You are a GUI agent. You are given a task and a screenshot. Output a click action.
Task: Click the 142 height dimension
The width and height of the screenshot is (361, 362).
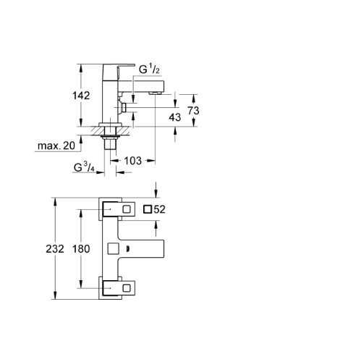pos(81,96)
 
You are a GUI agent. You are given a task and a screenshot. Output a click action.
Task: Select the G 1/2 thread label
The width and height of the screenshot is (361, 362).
pos(149,69)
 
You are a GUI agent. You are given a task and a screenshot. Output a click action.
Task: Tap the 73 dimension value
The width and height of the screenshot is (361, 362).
pos(193,111)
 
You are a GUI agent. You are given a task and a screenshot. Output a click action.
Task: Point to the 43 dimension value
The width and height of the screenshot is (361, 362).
pos(175,117)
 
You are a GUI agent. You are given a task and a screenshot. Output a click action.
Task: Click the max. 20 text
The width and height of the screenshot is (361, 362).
pos(56,146)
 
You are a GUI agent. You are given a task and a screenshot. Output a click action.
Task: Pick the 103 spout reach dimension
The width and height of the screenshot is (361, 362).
pos(132,161)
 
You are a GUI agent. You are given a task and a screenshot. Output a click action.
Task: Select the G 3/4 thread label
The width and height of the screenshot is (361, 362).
pos(84,167)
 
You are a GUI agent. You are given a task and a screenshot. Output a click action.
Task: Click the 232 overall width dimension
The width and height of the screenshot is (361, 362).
pos(55,249)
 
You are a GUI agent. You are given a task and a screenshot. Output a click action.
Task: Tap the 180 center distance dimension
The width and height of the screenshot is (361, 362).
pos(81,249)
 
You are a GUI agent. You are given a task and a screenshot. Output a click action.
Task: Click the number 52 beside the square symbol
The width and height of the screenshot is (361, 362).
pos(159,209)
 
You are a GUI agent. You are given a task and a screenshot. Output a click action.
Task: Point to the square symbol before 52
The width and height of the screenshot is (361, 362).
pos(148,209)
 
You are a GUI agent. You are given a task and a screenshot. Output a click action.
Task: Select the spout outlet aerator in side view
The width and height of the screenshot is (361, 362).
pos(155,93)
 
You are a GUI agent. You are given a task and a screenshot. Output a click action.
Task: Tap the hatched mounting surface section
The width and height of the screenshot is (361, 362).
pos(110,131)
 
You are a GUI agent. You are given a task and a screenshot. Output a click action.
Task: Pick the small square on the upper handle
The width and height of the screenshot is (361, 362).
pos(127,209)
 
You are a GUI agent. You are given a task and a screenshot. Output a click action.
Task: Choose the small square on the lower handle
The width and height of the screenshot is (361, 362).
pos(127,288)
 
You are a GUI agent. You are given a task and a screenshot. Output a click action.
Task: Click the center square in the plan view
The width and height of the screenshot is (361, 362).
pos(113,248)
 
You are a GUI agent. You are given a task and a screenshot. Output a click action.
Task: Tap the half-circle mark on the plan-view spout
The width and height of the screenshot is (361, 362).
pos(128,248)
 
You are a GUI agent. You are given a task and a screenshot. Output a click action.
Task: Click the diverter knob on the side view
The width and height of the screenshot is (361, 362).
pos(123,107)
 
